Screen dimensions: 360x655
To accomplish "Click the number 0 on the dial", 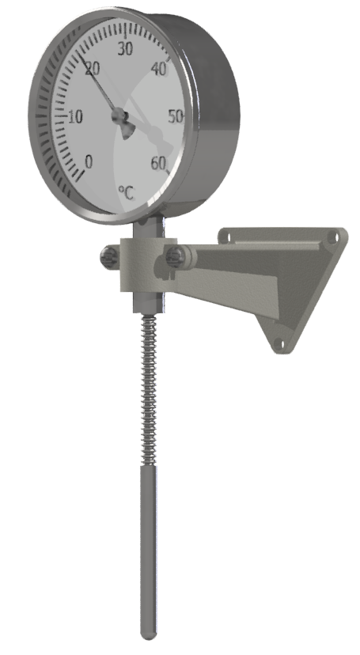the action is click(88, 161).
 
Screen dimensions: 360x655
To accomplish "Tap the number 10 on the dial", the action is click(75, 117).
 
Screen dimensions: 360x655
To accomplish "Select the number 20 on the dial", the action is click(93, 70).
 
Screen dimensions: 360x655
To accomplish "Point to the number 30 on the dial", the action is click(125, 49).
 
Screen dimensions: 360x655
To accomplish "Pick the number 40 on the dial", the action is click(160, 69).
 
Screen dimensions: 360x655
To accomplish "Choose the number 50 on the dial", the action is click(176, 116).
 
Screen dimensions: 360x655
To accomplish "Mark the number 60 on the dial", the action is click(158, 164).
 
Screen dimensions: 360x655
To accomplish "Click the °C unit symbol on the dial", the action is click(127, 193).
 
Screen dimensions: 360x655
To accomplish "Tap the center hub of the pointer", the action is click(119, 115).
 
